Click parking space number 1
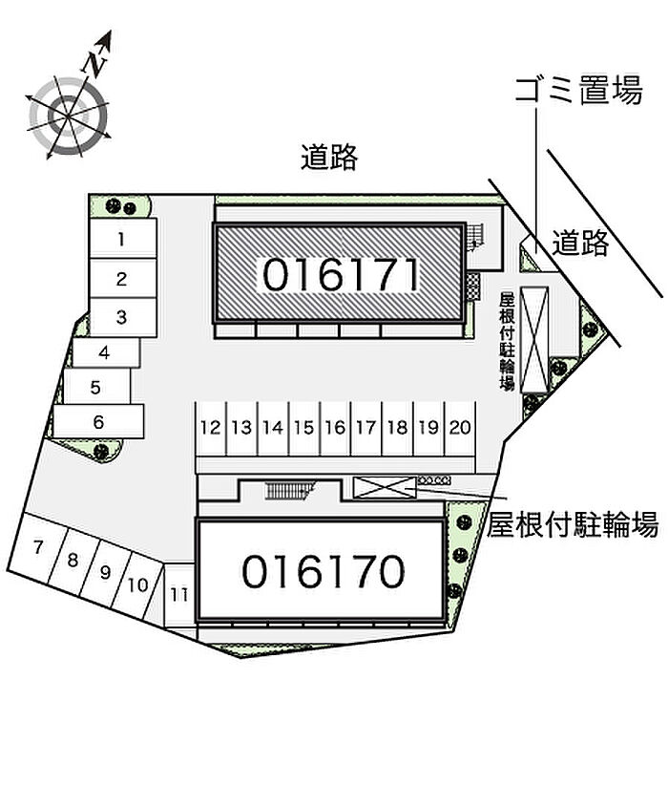tap(123, 238)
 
